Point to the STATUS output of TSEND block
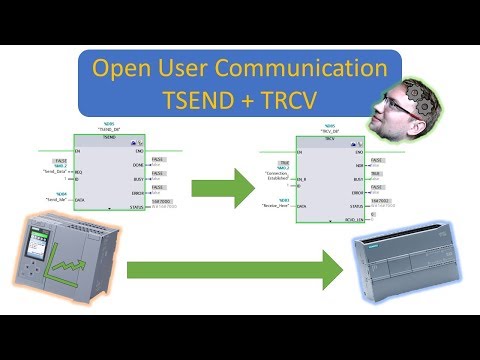[137, 208]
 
